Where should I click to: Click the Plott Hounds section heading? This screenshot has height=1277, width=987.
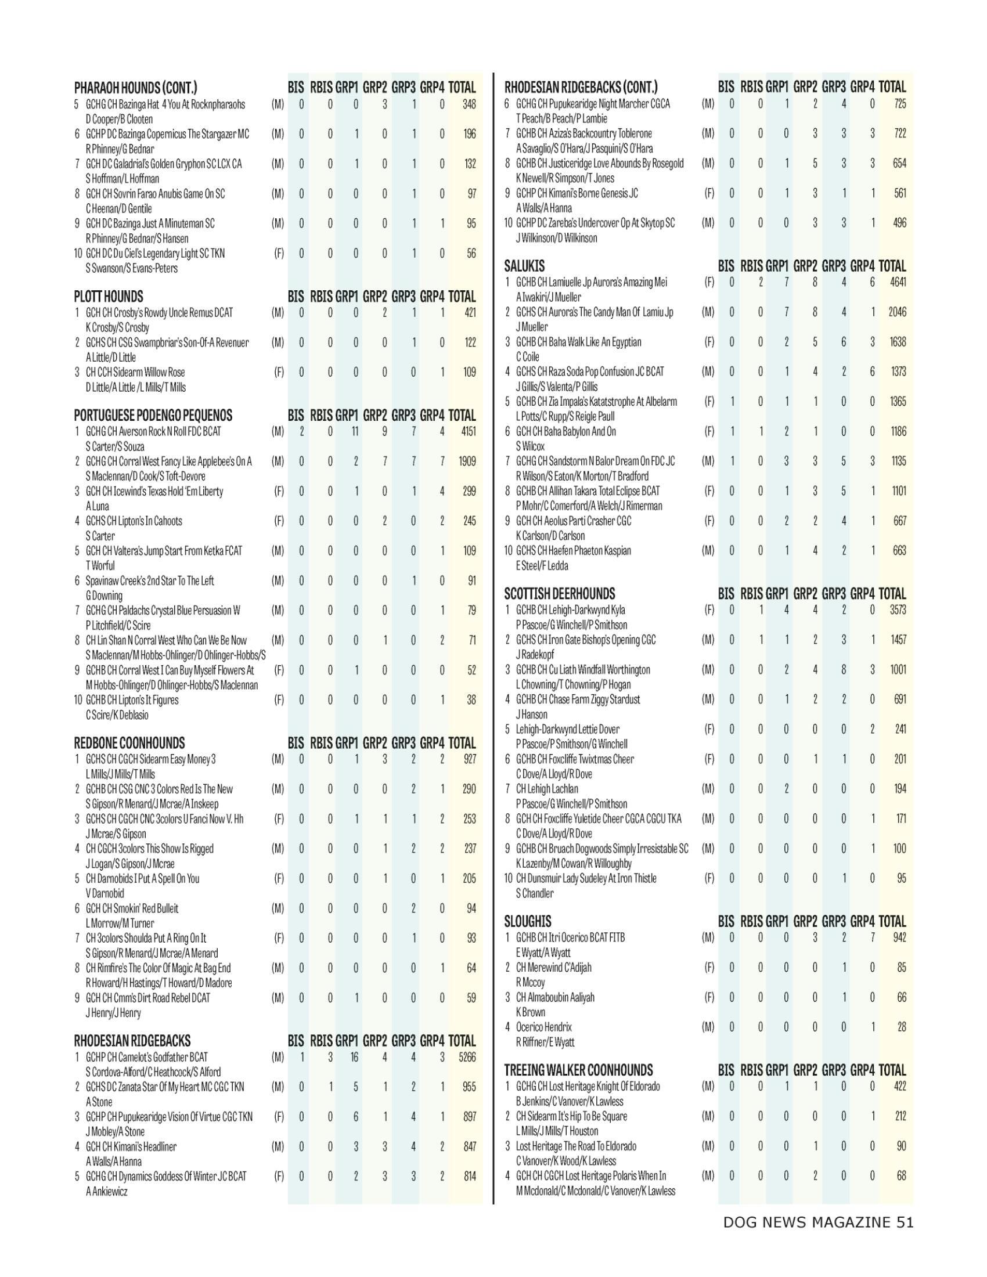(x=108, y=297)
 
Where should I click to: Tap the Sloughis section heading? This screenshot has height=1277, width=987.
(x=527, y=922)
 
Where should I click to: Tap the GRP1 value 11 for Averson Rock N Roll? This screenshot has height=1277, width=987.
(x=354, y=431)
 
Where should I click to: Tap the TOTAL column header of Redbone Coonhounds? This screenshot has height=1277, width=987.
(x=462, y=743)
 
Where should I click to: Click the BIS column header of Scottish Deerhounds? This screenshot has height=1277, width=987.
(x=726, y=594)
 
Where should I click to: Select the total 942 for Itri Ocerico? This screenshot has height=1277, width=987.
(x=899, y=937)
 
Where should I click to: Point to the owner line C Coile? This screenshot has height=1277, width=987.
(x=527, y=356)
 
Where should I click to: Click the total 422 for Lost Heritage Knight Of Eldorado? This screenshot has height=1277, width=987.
(x=899, y=1087)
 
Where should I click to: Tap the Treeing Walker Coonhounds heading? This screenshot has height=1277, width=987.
(x=578, y=1070)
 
